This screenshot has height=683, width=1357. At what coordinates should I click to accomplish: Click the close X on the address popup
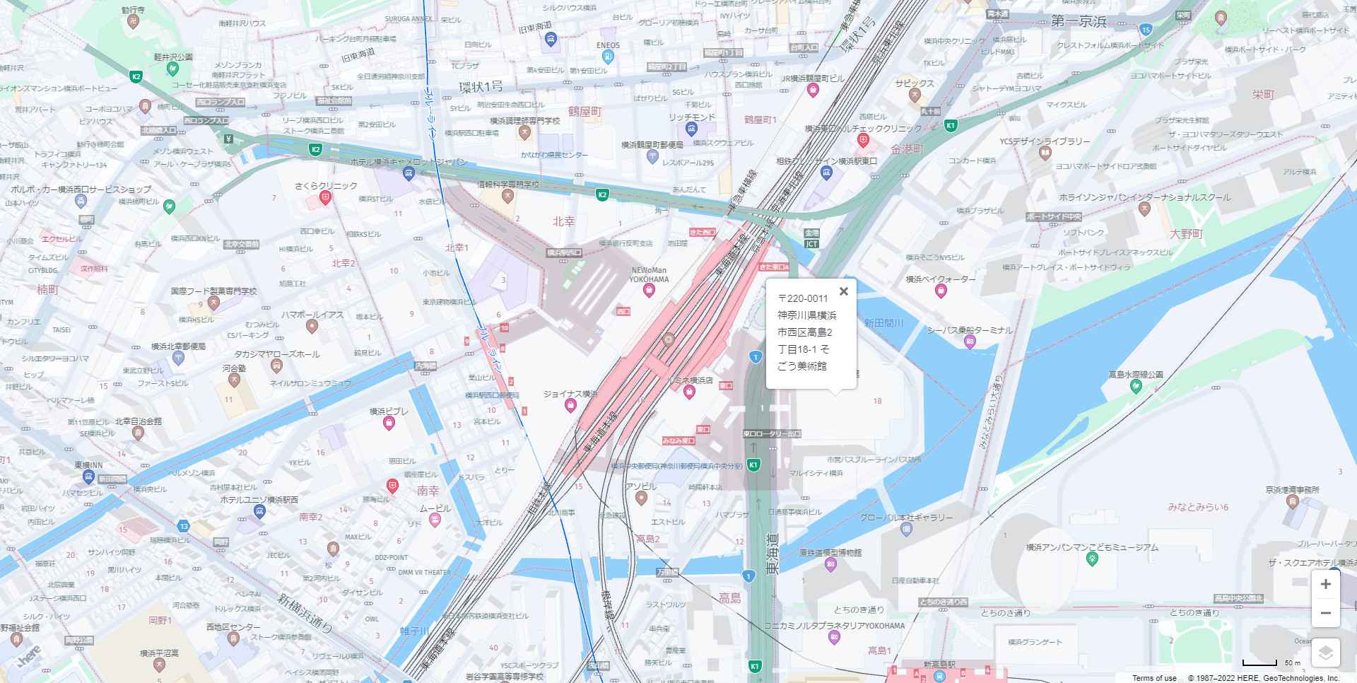pos(843,291)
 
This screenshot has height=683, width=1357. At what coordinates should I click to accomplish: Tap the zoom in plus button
pos(1325,584)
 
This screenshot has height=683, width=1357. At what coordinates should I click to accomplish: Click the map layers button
pos(1325,653)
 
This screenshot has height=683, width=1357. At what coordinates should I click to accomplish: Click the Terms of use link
pos(1154,678)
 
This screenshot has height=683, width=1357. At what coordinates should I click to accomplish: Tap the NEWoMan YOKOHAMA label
pos(649,274)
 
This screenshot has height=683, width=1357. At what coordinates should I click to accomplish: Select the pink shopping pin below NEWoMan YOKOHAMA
pos(649,291)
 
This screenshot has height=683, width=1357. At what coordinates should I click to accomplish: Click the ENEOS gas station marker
pos(607,57)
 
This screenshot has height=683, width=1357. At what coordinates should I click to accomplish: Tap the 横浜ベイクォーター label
pos(940,279)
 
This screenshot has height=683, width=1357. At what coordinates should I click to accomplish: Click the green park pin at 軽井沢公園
pos(172,69)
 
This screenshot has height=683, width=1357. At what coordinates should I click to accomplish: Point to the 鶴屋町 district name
pos(584,112)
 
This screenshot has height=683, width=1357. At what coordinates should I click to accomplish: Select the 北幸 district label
pos(563,221)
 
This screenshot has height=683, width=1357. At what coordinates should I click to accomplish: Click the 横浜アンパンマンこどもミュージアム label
pos(1092,547)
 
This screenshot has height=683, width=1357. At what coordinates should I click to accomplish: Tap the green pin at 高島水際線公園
pos(1136,386)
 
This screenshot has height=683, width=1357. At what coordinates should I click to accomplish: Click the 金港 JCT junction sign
pos(811,239)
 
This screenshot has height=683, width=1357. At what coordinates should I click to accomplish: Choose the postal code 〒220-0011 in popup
pos(802,298)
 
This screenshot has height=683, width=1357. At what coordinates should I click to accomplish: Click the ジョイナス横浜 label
pos(570,394)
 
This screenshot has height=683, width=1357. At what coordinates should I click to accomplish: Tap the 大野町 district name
pos(1186,234)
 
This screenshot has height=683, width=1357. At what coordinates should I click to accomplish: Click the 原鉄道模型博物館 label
pos(830,553)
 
